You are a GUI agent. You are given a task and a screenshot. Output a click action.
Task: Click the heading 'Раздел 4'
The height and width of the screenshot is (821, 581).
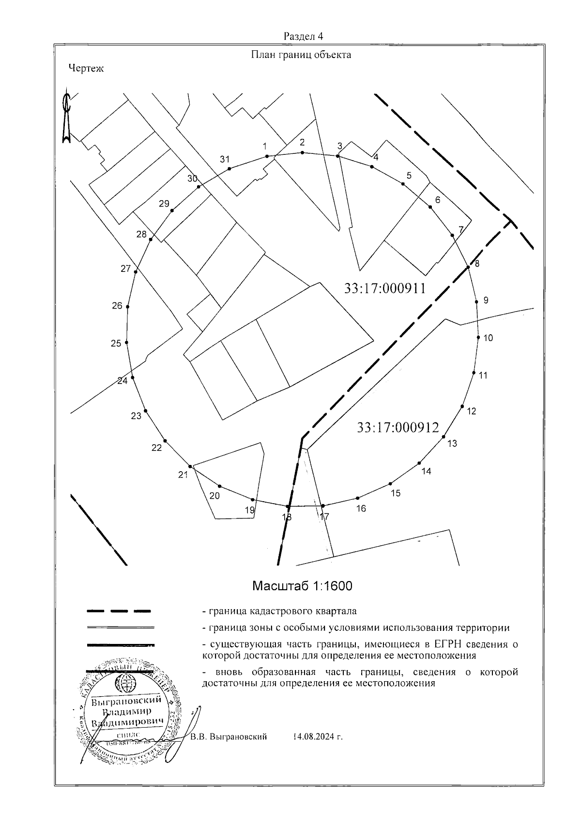coord(303,37)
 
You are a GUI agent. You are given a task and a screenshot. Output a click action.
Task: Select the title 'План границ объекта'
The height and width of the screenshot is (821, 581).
coord(300,55)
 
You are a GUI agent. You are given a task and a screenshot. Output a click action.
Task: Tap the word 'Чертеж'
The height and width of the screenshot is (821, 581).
coord(86,69)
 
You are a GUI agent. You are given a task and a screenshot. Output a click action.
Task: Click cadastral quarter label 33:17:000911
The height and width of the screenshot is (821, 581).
coord(385,289)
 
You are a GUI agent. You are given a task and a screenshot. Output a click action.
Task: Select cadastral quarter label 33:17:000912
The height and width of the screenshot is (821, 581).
coord(398,428)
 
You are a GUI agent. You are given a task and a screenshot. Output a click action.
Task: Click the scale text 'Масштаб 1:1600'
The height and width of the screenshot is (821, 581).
coord(302,586)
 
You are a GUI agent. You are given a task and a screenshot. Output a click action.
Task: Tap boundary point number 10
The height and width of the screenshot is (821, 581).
coord(488,338)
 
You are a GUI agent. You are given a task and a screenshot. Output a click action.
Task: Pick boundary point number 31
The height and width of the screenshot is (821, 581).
coord(224,159)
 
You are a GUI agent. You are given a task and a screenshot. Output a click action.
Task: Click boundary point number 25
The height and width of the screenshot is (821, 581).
coord(116,343)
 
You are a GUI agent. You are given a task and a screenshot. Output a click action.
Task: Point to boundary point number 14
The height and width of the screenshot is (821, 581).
coord(426,471)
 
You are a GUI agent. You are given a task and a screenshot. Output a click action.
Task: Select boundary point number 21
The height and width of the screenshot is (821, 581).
coord(183,475)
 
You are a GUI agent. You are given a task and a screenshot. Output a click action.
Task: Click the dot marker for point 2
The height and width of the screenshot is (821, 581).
coord(302,153)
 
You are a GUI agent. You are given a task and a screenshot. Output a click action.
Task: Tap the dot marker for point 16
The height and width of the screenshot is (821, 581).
coord(357,498)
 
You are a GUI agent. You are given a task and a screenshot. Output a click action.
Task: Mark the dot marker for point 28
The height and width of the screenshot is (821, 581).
coord(151,239)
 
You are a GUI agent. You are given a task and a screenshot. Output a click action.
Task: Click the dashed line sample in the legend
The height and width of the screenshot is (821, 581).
coord(119,612)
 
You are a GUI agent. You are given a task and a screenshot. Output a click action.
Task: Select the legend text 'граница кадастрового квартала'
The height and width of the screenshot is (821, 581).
coord(283,612)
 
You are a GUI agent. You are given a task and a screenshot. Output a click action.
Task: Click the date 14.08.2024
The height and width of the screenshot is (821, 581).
coord(318,737)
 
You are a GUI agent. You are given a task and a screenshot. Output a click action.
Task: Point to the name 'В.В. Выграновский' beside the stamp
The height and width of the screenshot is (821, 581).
coord(229,737)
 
